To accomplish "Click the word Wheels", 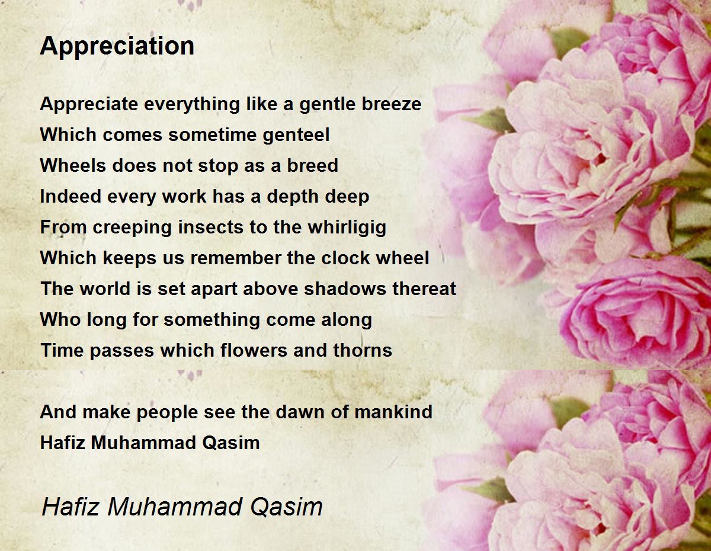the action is point(73,165).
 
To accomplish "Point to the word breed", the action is point(312,165).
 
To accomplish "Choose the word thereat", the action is point(424,289).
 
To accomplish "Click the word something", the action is point(212,320).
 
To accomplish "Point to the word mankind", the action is point(393,412).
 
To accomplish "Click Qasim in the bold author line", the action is point(231,443).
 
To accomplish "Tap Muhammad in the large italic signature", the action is point(174,507).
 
